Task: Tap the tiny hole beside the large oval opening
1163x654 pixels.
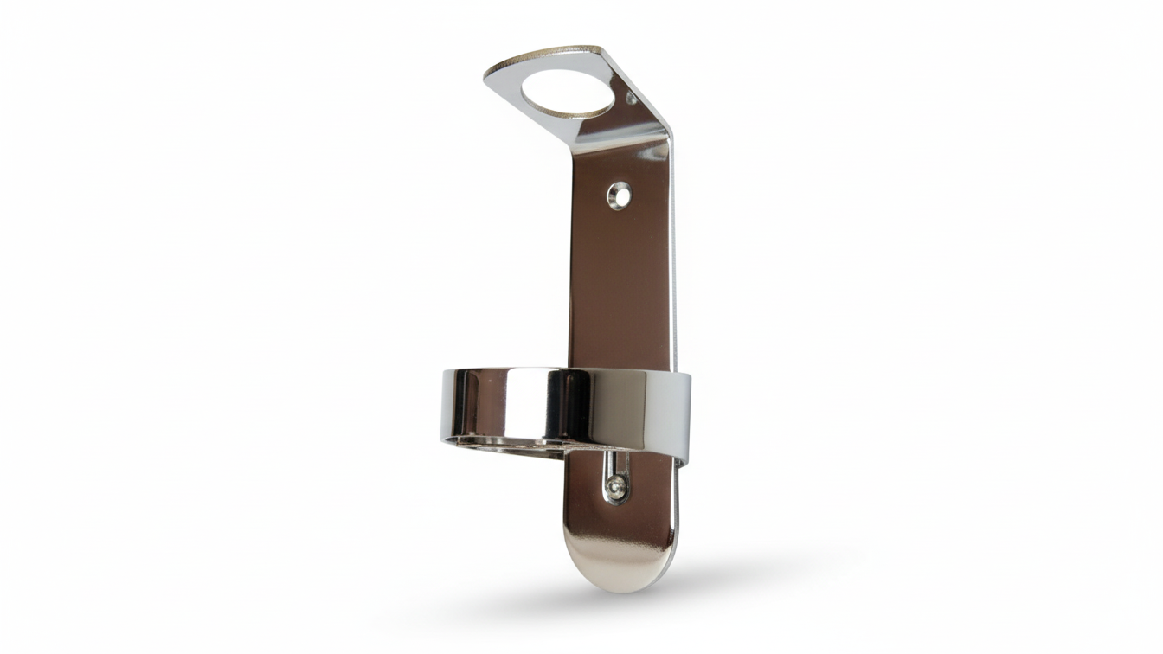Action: (631, 99)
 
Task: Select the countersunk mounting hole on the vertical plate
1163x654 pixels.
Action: (619, 196)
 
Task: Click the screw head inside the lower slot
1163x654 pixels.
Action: (616, 488)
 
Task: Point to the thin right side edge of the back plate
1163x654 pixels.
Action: (673, 260)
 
